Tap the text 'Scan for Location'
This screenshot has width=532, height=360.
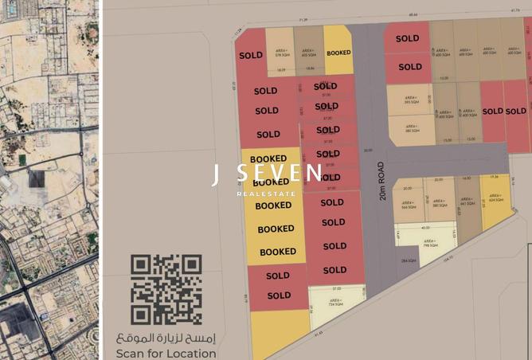(166, 353)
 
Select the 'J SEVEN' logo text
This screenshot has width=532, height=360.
(267, 174)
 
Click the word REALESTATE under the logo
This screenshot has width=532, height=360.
(267, 193)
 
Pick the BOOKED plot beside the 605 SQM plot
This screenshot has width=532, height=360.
(338, 53)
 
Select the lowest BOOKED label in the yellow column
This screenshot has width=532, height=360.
(278, 252)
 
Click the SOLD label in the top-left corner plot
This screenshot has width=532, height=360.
(251, 57)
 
